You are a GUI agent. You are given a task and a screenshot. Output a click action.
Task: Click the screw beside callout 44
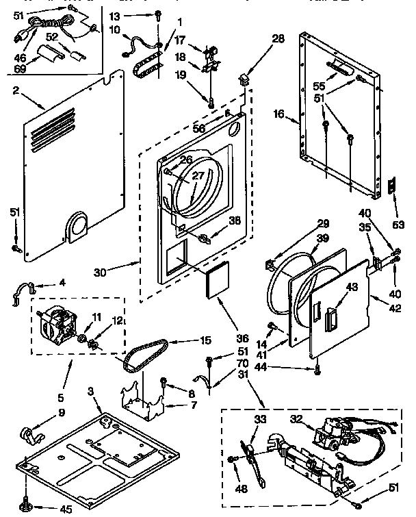[317, 370]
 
